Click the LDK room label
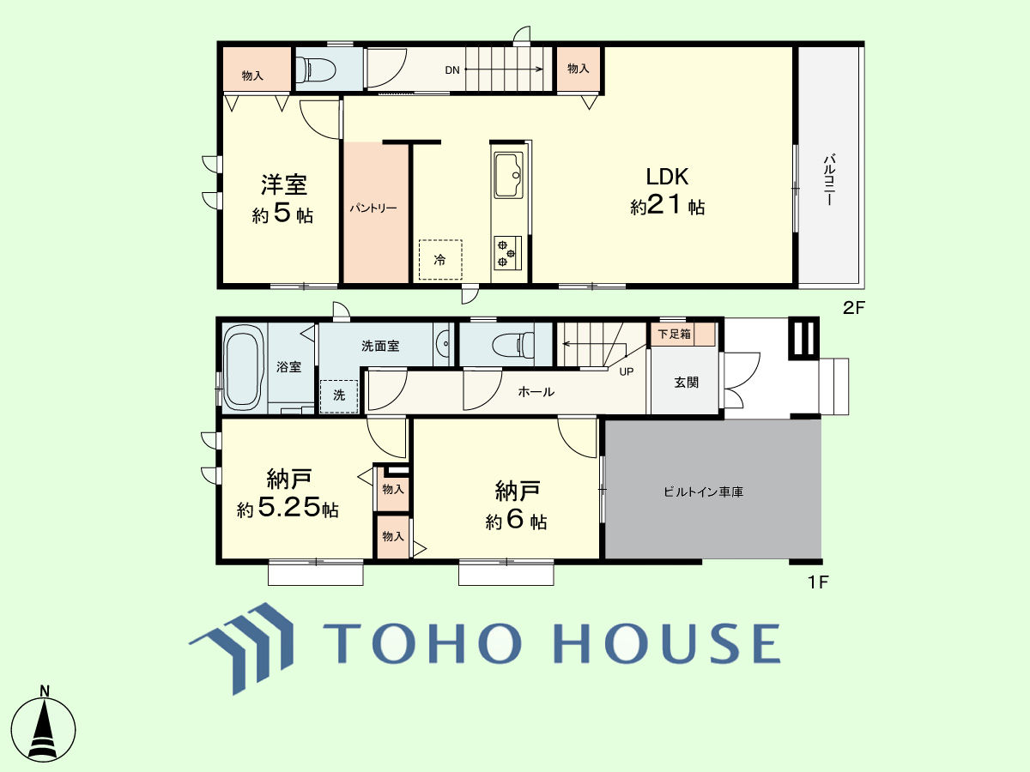coord(667,177)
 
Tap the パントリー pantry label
coord(373,208)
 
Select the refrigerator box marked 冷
coord(440,260)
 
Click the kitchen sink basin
coord(508,174)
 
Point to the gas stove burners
coord(507,253)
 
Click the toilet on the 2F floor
coord(315,69)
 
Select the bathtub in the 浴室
coord(242,368)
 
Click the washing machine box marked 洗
coord(339,396)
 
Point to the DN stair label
coord(451,70)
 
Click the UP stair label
coord(627,371)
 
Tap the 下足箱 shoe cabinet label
coord(674,335)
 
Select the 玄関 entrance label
coord(686,383)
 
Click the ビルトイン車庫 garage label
coord(703,492)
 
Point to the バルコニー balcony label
coord(829,179)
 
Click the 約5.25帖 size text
coord(288,507)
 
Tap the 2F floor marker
coord(853,308)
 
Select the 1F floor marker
coord(818,582)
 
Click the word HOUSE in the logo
coord(669,642)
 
